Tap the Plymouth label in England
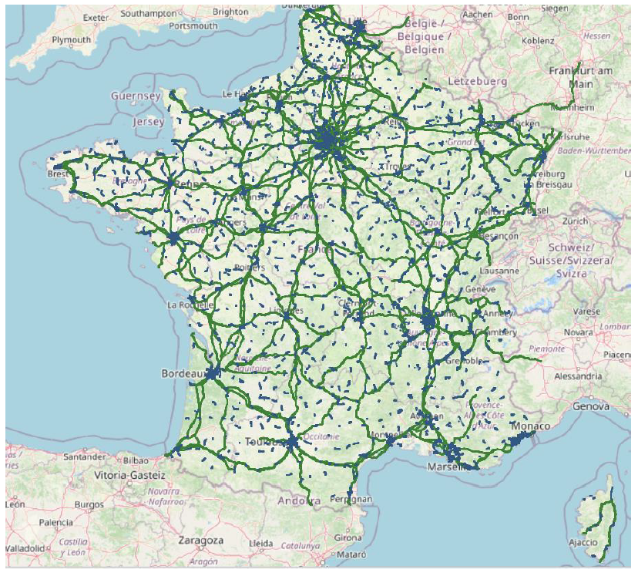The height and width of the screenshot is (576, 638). click(x=71, y=39)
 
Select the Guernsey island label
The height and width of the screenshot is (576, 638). click(x=136, y=96)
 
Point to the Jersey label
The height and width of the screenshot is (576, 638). click(x=149, y=122)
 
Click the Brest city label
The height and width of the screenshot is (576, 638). click(x=57, y=174)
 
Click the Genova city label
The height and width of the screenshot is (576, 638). click(x=591, y=406)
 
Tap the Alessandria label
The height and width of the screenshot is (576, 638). click(x=577, y=376)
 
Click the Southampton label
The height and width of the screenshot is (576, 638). click(x=148, y=13)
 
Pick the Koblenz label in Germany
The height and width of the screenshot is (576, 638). click(x=537, y=40)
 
